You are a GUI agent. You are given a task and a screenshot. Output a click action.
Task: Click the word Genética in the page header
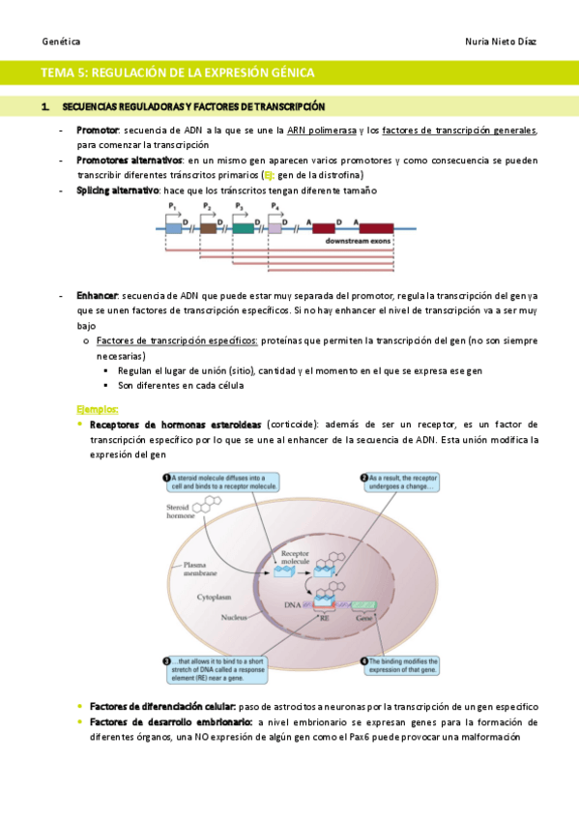tap(61, 42)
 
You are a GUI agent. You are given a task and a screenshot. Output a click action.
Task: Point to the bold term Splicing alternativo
tap(117, 190)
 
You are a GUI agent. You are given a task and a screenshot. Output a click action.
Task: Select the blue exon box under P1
tap(174, 228)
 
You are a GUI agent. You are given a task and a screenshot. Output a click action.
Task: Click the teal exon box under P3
tap(243, 228)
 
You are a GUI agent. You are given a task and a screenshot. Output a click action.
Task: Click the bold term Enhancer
tap(97, 294)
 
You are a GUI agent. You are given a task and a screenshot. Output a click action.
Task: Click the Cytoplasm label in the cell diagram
tap(215, 597)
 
